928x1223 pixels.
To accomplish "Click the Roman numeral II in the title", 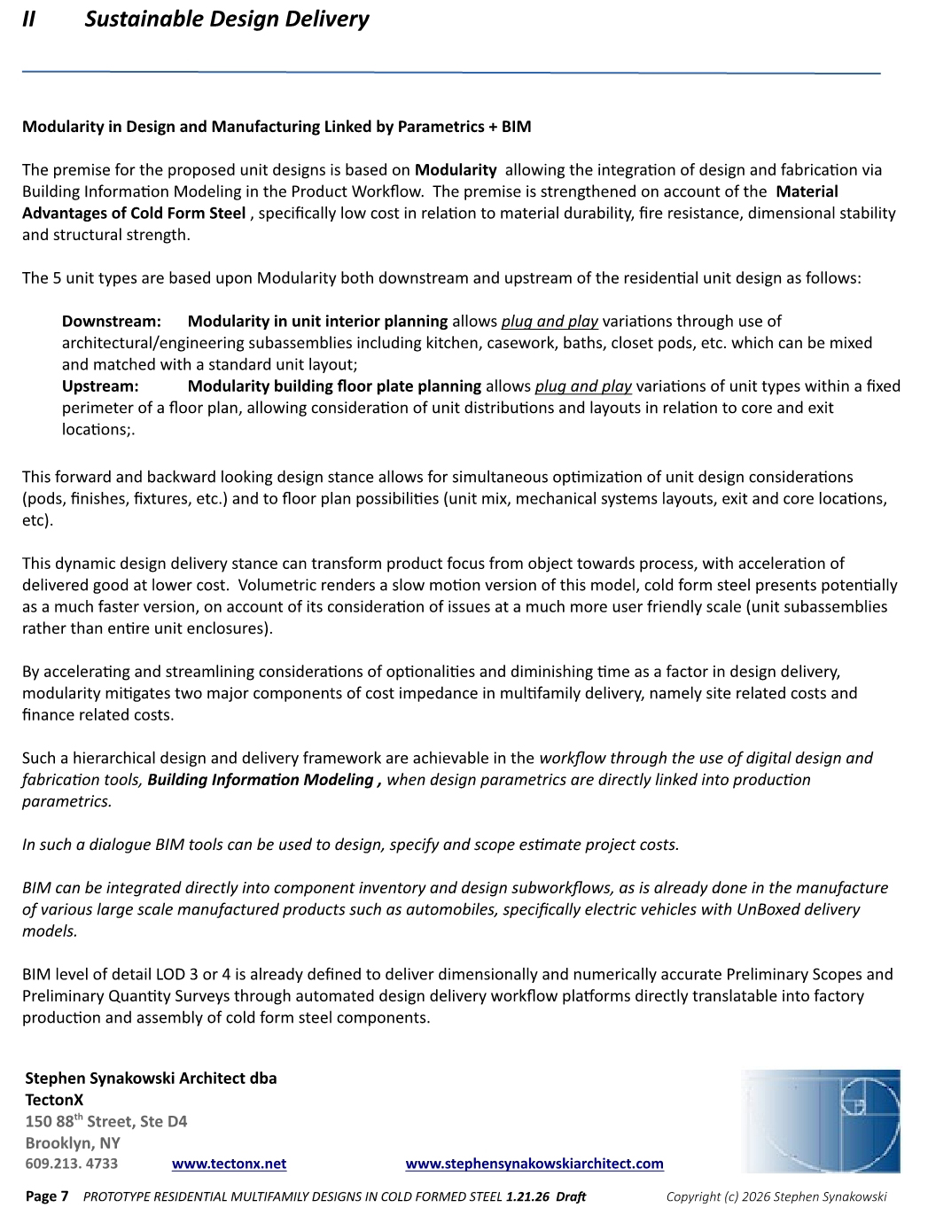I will pos(29,19).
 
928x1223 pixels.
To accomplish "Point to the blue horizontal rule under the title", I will pos(451,72).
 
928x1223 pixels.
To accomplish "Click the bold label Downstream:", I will pos(112,322).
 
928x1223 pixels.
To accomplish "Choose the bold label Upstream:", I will pos(100,386).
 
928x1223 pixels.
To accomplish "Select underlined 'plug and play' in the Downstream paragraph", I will pos(550,322).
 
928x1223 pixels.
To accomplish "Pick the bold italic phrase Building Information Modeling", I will pos(261,780).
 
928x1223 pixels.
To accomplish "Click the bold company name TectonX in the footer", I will pos(54,1100).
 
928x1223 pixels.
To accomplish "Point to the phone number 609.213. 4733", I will pos(72,1164).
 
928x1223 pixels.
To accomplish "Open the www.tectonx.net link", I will pos(229,1164).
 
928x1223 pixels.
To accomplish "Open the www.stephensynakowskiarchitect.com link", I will pos(534,1164).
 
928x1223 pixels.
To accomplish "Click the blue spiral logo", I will pos(822,1121).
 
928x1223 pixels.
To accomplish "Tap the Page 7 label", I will pos(47,1196).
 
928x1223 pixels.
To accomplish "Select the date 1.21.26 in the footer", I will pos(527,1196).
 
